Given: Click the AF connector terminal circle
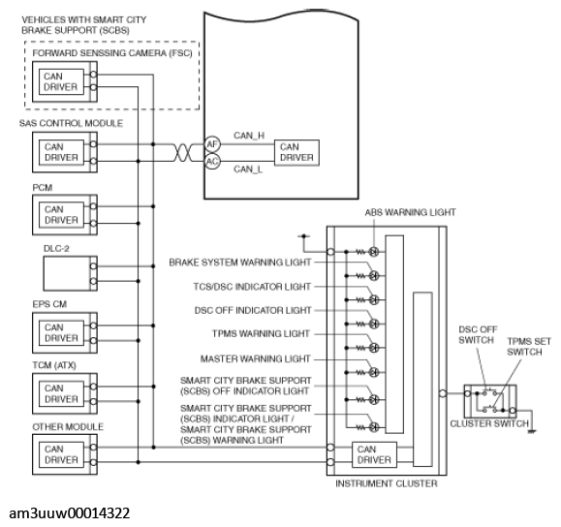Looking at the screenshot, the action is click(212, 144).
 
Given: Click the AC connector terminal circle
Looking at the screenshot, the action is click(212, 162).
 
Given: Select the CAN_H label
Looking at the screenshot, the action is click(249, 136).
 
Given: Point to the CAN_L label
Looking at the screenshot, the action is click(248, 169).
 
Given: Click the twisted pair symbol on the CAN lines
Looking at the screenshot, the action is click(183, 153).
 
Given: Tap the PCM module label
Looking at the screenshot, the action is click(43, 188).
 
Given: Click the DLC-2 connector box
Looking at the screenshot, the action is click(70, 273).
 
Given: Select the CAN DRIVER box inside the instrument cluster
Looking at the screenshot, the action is click(374, 454).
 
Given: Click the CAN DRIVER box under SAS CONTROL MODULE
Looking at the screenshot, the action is click(61, 152).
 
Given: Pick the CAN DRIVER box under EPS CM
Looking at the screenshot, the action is click(61, 333).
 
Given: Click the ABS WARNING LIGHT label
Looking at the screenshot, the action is click(411, 212).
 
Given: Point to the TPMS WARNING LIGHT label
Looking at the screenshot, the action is click(261, 334).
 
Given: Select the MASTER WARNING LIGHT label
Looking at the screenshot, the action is click(255, 358).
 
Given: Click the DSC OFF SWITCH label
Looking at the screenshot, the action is click(478, 334).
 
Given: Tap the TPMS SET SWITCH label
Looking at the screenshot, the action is click(529, 347).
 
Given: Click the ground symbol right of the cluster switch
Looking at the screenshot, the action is click(532, 431).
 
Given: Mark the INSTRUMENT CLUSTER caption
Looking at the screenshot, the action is click(387, 483).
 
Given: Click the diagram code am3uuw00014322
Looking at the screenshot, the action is click(70, 513).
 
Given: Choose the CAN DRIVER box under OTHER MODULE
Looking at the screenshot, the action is click(61, 454).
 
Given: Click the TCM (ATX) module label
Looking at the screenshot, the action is click(54, 365).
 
